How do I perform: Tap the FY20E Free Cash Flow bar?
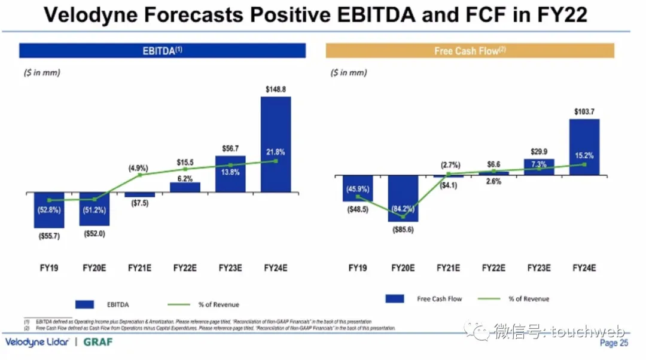tap(403, 199)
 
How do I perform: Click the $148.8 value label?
tap(276, 89)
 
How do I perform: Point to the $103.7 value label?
tap(584, 112)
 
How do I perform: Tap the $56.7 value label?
tap(230, 148)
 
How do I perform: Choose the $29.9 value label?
tap(539, 152)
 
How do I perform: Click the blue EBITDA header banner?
tap(162, 51)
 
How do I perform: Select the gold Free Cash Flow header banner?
tap(470, 51)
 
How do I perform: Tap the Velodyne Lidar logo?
tap(37, 343)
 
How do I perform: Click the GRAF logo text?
tap(97, 343)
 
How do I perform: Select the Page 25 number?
tap(614, 343)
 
